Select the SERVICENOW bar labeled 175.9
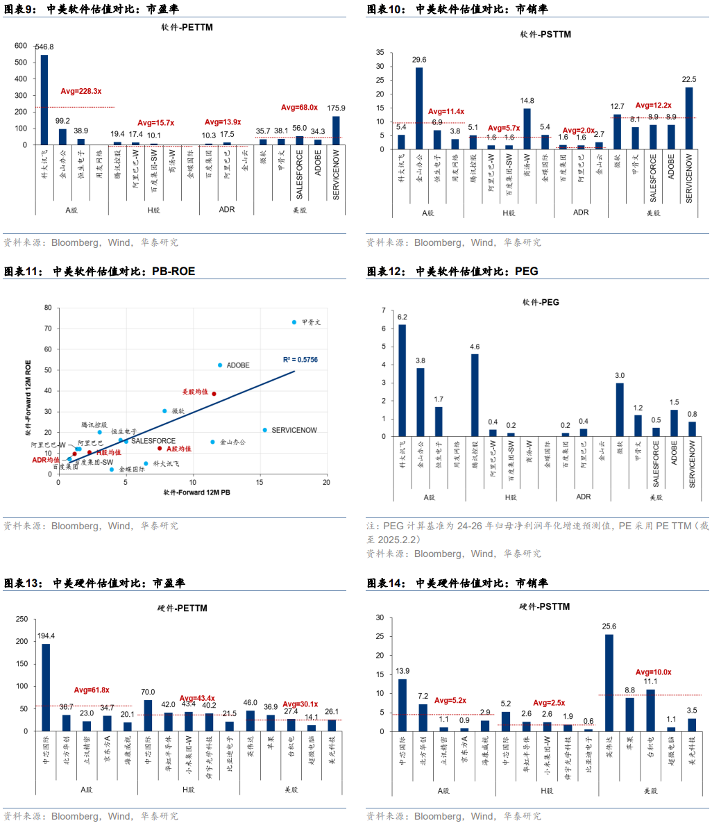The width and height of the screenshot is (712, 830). point(336,131)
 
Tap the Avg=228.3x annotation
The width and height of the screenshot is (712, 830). point(81,91)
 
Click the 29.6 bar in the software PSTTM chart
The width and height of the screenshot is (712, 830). point(419,108)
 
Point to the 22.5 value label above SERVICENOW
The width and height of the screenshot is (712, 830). point(689,80)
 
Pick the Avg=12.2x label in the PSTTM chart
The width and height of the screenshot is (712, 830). point(653,106)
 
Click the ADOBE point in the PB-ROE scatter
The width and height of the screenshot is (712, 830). point(220,365)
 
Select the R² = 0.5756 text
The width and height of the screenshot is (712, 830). point(300,360)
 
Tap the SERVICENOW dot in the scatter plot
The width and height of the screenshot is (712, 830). point(265,430)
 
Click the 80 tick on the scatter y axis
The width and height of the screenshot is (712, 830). point(48,307)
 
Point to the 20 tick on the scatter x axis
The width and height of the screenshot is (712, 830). point(326,482)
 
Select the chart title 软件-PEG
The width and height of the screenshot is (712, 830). point(541,302)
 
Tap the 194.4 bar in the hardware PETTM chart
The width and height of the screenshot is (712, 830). point(46,687)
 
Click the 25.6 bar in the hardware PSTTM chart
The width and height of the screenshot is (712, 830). point(609,683)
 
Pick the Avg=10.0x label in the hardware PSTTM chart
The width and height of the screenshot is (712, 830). point(653,672)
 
